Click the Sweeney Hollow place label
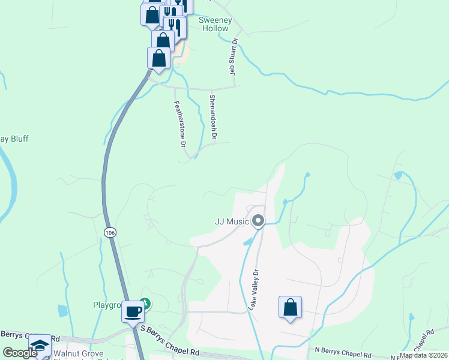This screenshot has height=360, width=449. pyautogui.click(x=214, y=24)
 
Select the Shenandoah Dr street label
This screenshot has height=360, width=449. pyautogui.click(x=212, y=117)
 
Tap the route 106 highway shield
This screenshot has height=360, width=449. pyautogui.click(x=109, y=232)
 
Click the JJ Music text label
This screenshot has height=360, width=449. pyautogui.click(x=232, y=221)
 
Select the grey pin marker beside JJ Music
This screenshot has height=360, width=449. pyautogui.click(x=258, y=221)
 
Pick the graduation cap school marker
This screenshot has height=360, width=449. pyautogui.click(x=40, y=345)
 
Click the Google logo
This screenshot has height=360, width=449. pyautogui.click(x=19, y=353)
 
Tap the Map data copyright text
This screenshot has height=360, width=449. pyautogui.click(x=424, y=355)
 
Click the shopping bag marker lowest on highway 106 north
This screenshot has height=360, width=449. pyautogui.click(x=158, y=58)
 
